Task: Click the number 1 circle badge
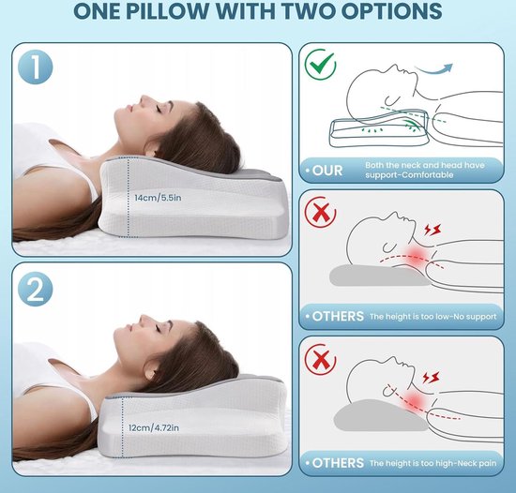[x=36, y=67]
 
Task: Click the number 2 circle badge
[x=36, y=290]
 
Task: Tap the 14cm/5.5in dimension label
[x=158, y=198]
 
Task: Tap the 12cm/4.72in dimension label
[x=154, y=427]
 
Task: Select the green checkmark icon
[x=320, y=64]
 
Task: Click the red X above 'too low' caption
[x=320, y=212]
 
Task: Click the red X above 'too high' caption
[x=320, y=359]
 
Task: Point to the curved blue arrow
[x=433, y=69]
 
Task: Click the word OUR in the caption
[x=327, y=171]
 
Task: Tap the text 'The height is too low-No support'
[x=433, y=317]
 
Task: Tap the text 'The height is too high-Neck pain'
[x=433, y=463]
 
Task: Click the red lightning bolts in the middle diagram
[x=433, y=230]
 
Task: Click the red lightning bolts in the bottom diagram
[x=431, y=378]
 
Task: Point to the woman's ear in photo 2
[x=150, y=371]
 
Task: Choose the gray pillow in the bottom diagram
[x=381, y=416]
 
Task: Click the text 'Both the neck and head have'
[x=425, y=165]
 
